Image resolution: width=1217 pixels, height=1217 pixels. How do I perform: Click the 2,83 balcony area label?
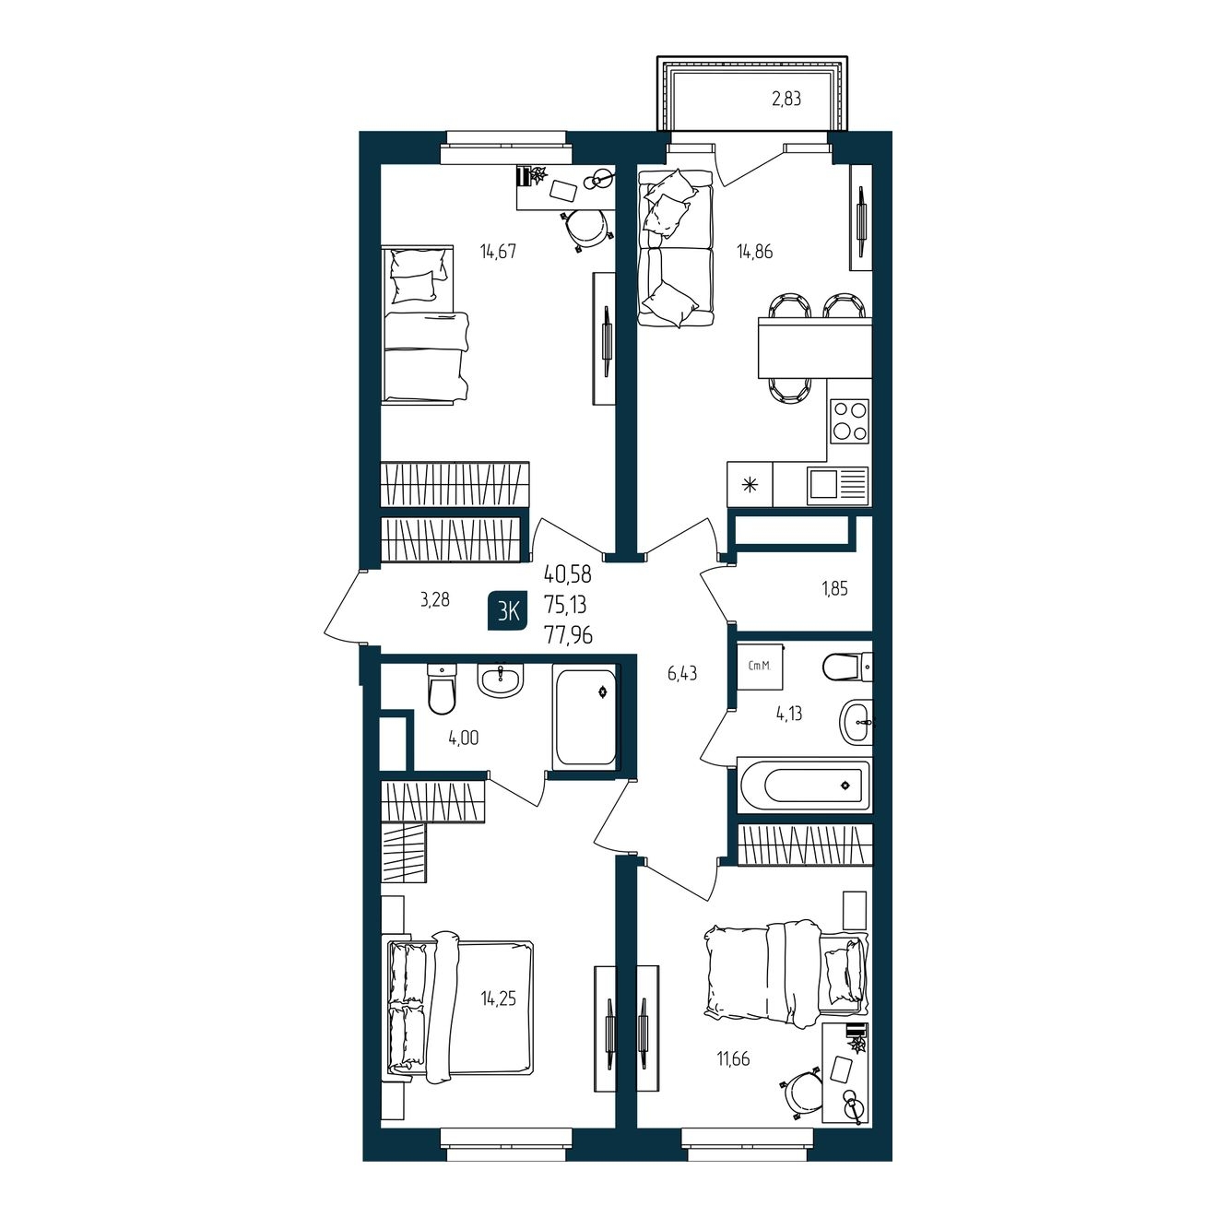point(786,100)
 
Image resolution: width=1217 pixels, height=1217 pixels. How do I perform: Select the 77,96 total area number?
point(569,635)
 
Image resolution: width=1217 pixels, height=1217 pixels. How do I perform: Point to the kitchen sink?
point(837,486)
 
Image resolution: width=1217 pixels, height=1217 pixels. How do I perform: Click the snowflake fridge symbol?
point(750,485)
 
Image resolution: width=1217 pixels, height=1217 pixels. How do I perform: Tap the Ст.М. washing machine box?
point(759,667)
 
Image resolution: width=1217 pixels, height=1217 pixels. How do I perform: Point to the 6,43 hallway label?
point(682,674)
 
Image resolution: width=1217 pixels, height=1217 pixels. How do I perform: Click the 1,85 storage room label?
point(834,588)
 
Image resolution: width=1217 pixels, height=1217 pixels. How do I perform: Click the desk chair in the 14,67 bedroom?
point(587,229)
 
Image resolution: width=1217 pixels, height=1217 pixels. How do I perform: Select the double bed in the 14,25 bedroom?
point(459,1006)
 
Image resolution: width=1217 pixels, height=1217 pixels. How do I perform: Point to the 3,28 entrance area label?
point(435,598)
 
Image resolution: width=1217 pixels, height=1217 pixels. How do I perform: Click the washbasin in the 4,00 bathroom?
point(501,679)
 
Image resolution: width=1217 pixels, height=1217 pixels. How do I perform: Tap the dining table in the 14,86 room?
point(815,348)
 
